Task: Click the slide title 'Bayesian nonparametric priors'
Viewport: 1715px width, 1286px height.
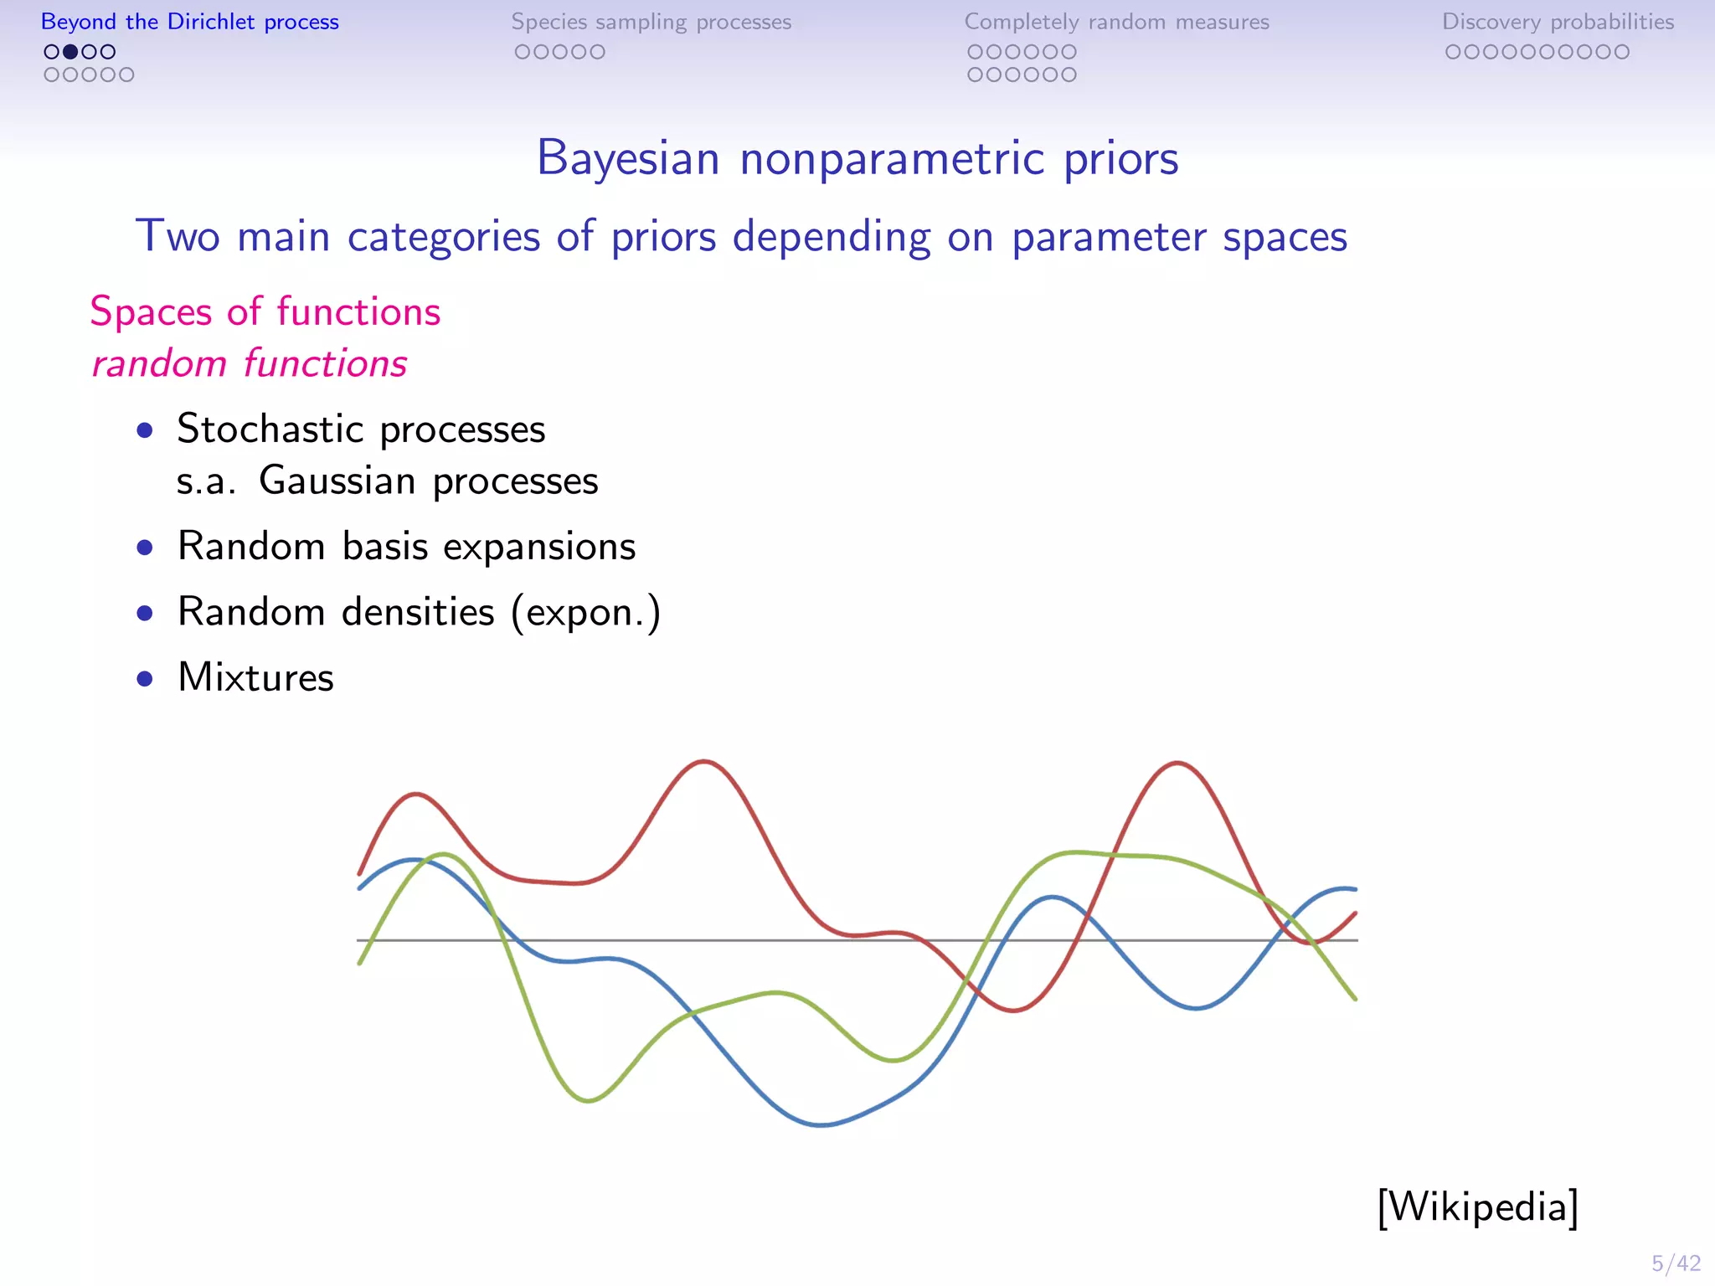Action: point(857,158)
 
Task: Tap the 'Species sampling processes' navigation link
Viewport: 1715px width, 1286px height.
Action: point(651,22)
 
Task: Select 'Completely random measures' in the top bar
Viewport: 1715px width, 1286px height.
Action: point(1116,22)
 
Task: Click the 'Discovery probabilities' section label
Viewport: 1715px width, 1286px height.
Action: point(1558,22)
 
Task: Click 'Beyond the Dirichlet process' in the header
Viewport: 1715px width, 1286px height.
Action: point(190,22)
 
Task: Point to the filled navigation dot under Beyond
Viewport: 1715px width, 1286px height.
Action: point(70,52)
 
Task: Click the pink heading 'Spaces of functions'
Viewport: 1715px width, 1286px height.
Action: point(265,311)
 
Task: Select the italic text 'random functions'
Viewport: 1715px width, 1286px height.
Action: point(250,363)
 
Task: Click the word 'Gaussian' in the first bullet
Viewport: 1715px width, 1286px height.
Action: point(337,481)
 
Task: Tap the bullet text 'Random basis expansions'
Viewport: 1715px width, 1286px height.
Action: point(406,546)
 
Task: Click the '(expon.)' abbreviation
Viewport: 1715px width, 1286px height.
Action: point(586,612)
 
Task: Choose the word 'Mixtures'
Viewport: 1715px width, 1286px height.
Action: point(255,676)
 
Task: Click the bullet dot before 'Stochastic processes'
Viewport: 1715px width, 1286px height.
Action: point(145,430)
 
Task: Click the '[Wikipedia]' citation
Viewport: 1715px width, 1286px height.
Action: point(1477,1206)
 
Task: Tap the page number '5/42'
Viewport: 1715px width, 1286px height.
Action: point(1676,1263)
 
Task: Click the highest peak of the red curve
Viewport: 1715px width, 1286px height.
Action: point(704,761)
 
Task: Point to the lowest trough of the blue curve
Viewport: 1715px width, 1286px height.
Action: point(821,1125)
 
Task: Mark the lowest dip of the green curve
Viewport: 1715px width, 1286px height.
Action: point(588,1100)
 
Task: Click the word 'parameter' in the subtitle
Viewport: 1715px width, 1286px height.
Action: point(1109,236)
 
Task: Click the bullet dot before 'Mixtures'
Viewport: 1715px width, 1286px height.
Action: point(145,678)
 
